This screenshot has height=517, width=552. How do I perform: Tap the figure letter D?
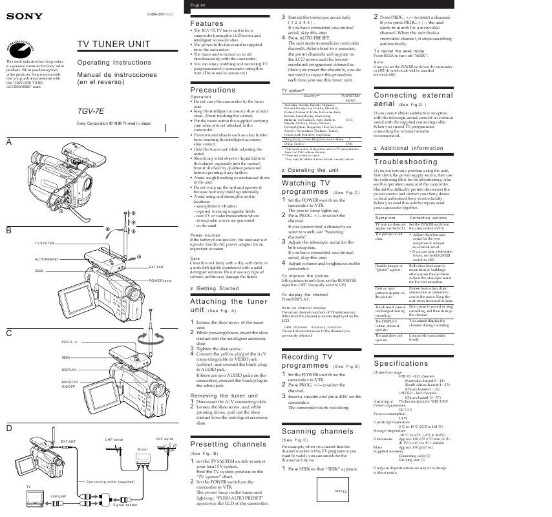click(x=8, y=428)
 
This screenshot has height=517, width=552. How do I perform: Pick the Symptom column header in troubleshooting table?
click(x=385, y=218)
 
